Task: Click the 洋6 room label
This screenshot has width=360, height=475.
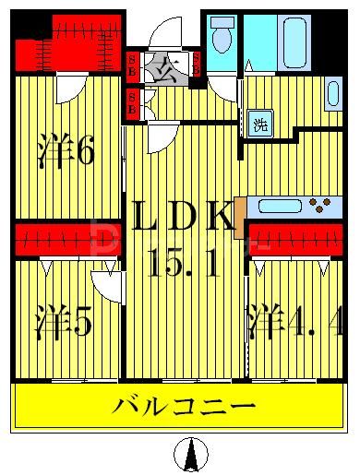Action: [66, 152]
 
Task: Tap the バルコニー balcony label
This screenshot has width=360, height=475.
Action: [184, 406]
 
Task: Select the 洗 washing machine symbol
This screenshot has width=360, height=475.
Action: [261, 125]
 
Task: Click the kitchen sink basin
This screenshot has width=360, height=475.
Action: [275, 205]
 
